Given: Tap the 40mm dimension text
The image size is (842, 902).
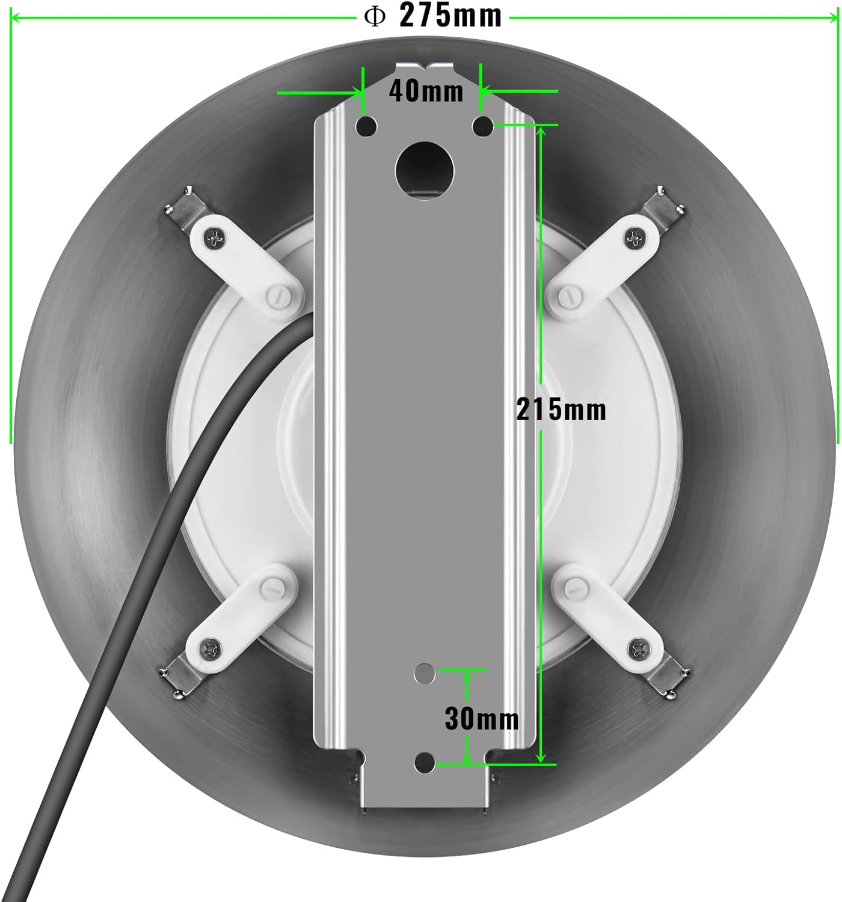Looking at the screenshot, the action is coord(426,91).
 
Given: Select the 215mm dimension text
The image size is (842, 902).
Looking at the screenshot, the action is coord(561,410).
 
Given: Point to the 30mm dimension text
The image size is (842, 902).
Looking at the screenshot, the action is coord(481,719).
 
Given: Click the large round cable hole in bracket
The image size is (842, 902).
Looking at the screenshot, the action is coord(425,170).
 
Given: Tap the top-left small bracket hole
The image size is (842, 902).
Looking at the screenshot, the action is coord(366,126).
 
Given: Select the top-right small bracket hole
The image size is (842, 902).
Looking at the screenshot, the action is coord(482,126).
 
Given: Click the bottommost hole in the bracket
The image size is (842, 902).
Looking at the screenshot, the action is coord(425,762).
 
